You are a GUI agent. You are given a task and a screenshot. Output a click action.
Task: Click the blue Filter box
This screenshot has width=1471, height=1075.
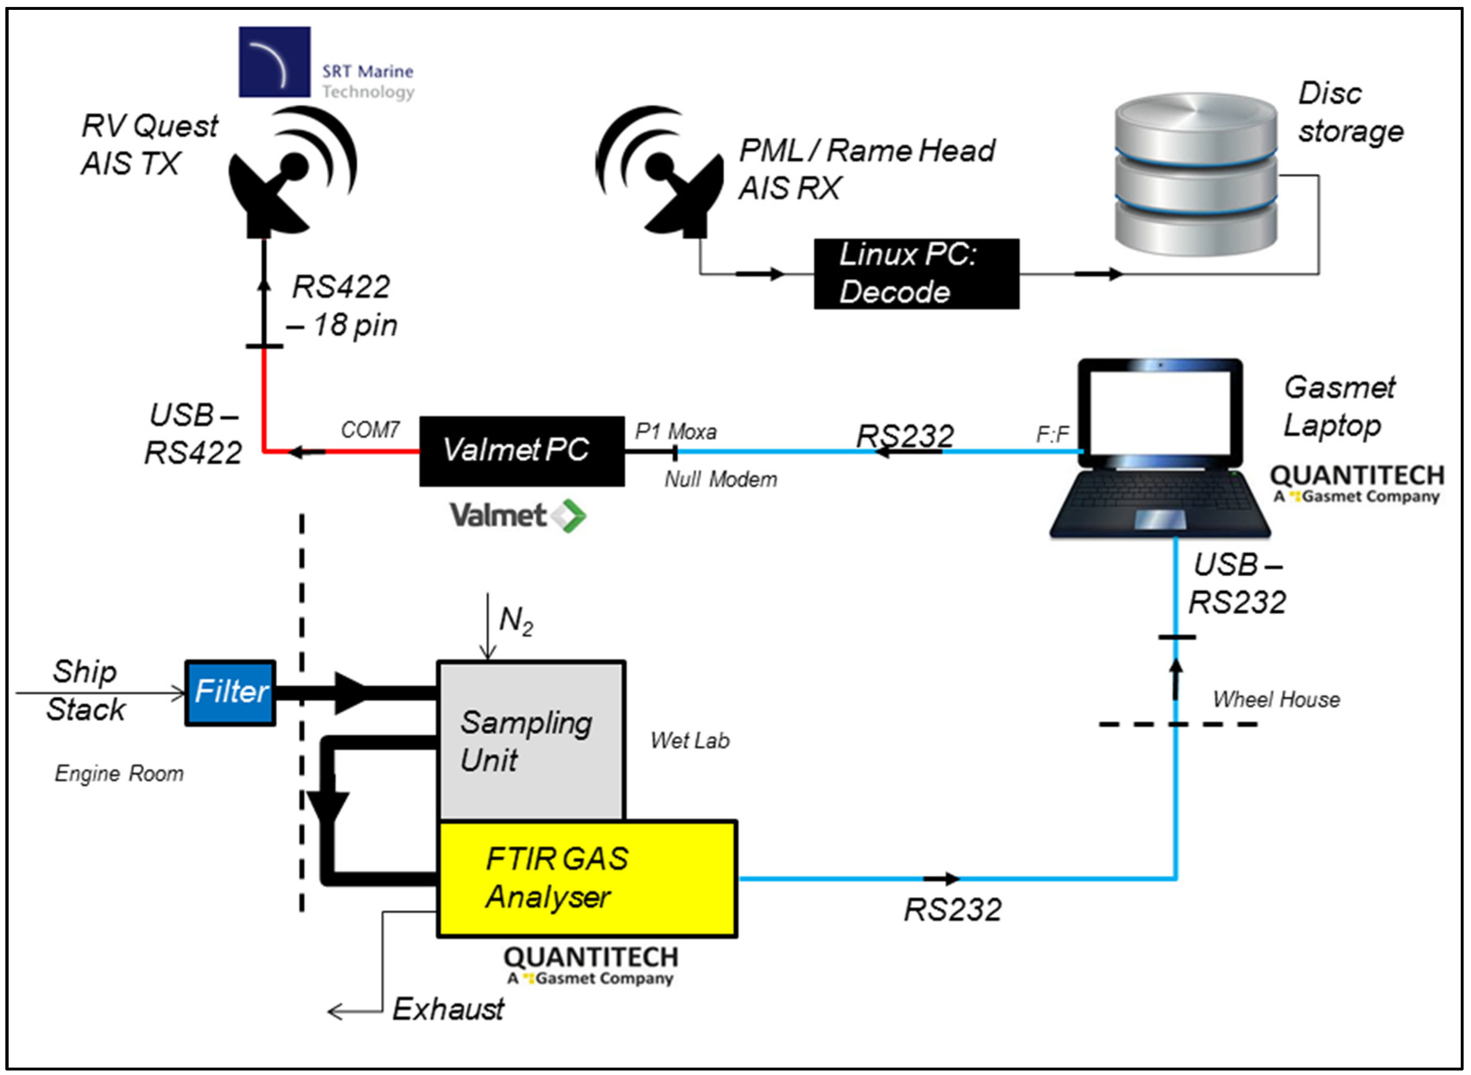click(x=230, y=693)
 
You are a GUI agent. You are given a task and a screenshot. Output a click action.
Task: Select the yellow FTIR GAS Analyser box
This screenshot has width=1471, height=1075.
click(x=587, y=878)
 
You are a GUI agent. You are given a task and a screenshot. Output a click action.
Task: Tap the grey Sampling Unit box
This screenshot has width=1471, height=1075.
click(x=532, y=740)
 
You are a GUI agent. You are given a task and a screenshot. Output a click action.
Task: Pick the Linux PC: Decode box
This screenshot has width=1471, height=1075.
click(x=916, y=273)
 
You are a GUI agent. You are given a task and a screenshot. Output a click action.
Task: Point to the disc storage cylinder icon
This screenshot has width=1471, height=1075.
click(x=1196, y=174)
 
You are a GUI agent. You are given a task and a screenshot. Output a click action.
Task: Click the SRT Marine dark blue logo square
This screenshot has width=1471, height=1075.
click(x=275, y=62)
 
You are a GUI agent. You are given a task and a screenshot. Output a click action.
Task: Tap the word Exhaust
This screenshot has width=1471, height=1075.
click(x=448, y=1009)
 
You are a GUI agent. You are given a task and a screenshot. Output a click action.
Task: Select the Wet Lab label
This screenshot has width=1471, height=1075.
click(x=690, y=740)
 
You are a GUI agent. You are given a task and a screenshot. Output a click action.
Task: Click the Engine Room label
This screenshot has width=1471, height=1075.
click(x=119, y=774)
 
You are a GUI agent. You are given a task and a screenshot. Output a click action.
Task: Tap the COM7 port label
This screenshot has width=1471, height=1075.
click(x=370, y=430)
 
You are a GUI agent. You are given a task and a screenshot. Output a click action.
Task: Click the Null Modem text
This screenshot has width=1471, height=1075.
click(x=721, y=479)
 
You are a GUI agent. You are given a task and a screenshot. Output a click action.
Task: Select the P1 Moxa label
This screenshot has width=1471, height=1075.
click(x=676, y=431)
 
